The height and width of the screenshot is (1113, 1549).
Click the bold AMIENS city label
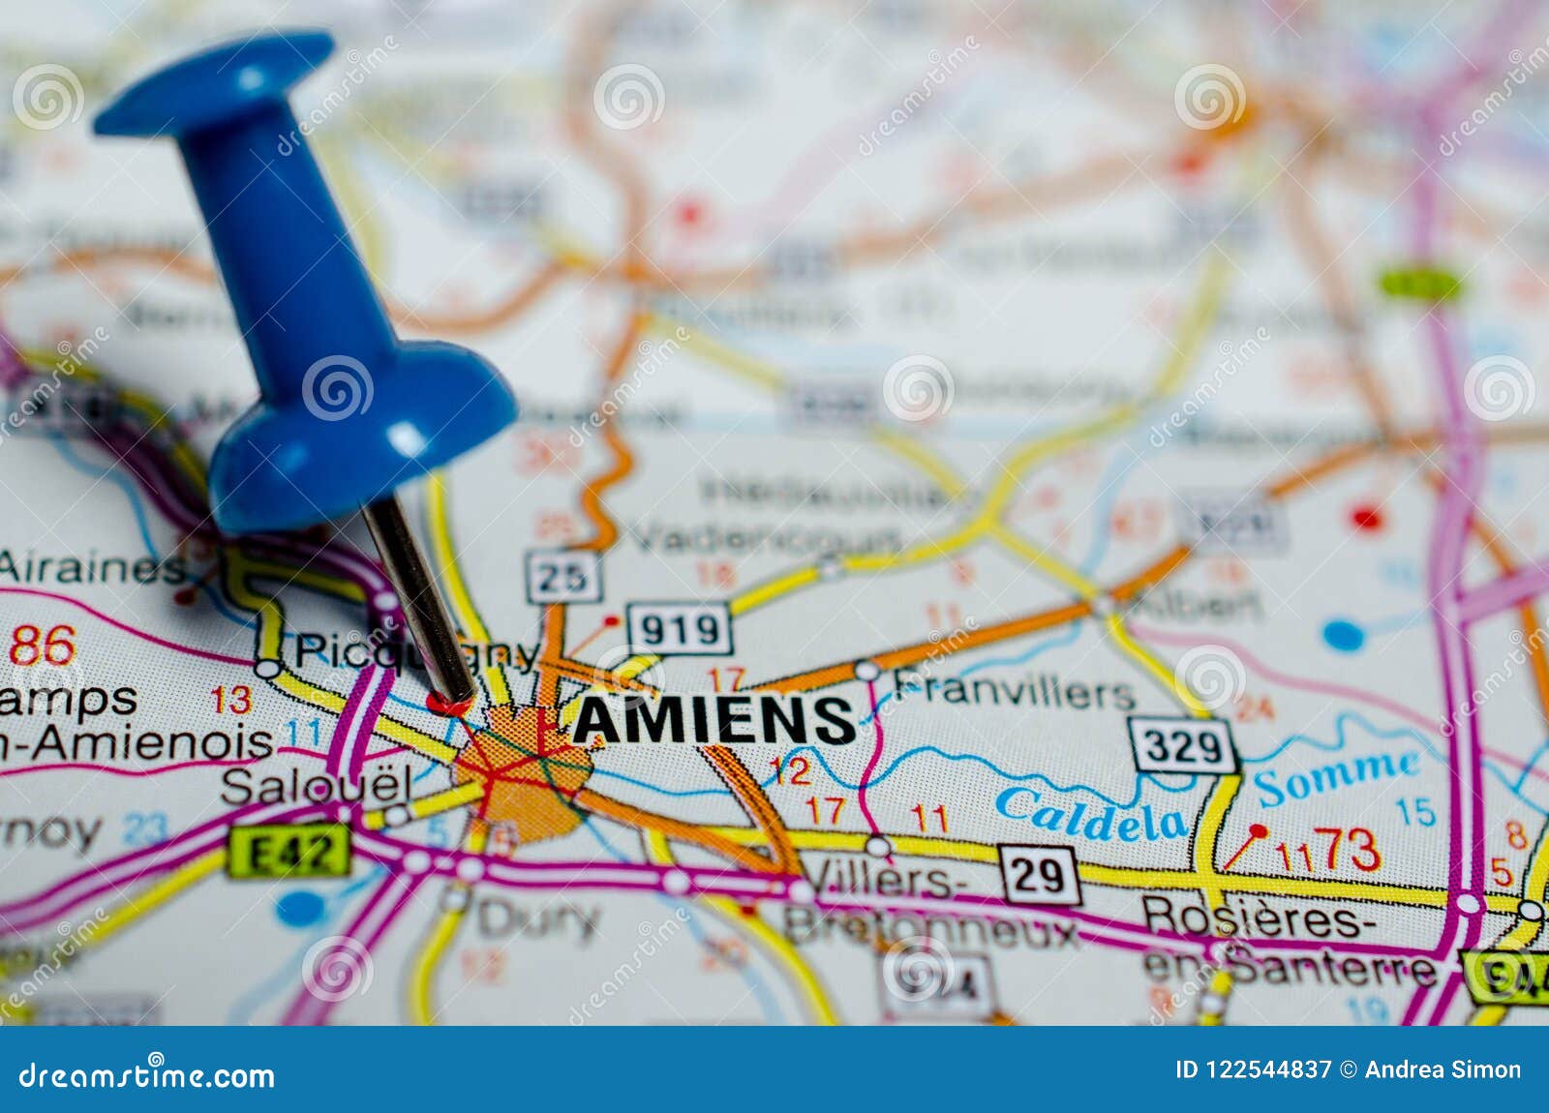point(714,720)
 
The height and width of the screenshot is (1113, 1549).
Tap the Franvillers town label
point(1013,690)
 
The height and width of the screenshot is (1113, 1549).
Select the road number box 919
point(680,630)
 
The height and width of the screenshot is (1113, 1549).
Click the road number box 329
point(1183,746)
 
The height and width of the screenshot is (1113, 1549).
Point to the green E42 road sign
point(289,852)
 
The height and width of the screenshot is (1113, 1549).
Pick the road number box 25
point(562,578)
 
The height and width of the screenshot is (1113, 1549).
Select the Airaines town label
point(92,567)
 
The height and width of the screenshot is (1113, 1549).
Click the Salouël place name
point(316,786)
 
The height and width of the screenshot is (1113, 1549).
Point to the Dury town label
point(538,918)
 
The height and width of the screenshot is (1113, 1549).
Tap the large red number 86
point(42,646)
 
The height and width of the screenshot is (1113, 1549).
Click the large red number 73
point(1350,850)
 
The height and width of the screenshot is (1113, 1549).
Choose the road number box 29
point(1039,875)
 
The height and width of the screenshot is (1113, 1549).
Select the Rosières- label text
point(1258,917)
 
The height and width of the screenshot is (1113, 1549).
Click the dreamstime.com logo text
point(147,1075)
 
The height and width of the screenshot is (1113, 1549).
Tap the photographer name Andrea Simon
point(1443,1069)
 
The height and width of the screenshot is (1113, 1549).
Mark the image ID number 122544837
point(1267,1069)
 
